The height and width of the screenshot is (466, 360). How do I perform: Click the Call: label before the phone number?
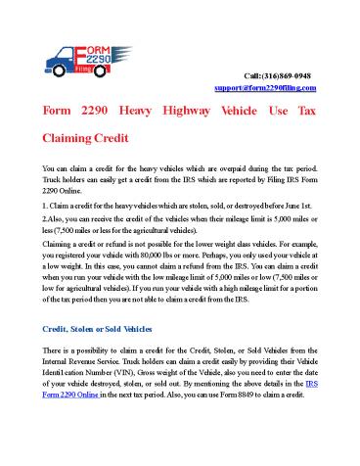(252, 74)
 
